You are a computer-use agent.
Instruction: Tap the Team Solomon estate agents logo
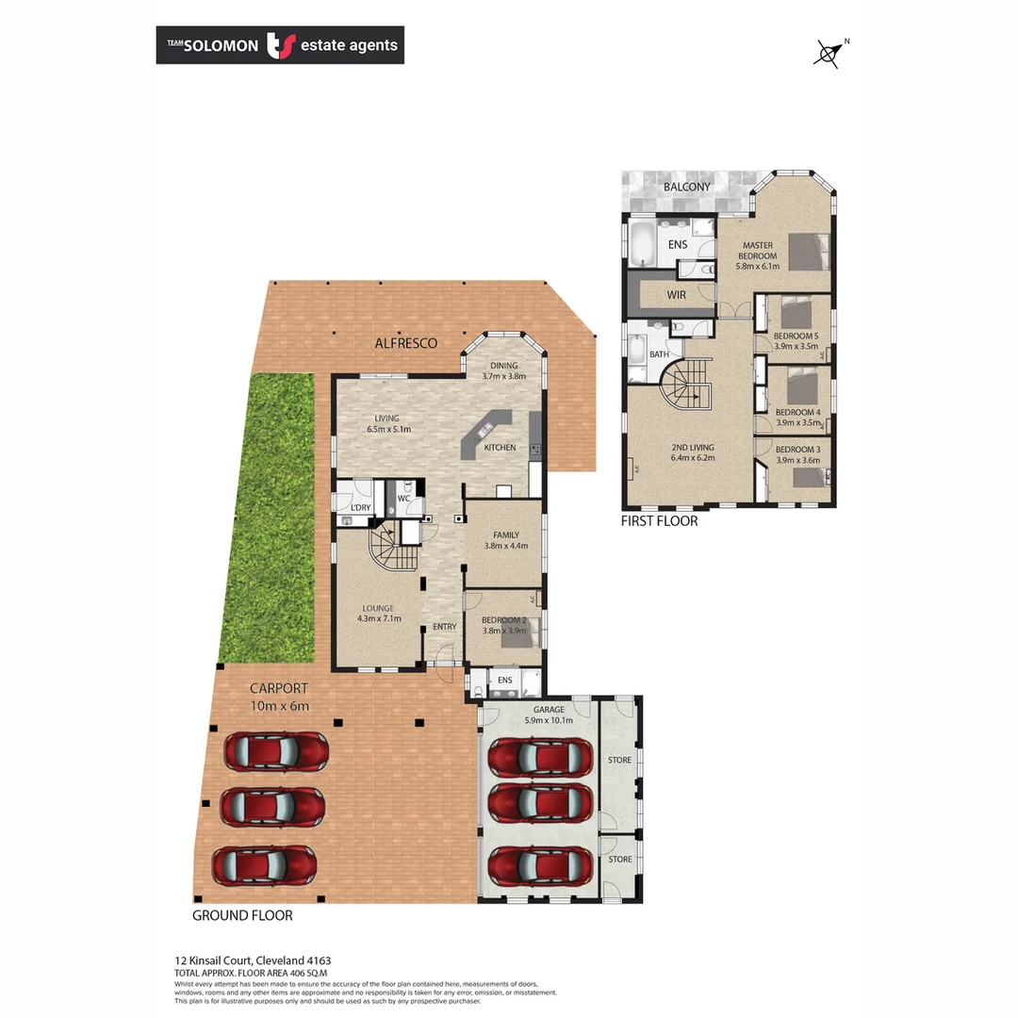[x=280, y=45]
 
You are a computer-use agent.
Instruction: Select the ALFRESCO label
[x=406, y=343]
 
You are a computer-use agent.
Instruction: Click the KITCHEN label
[x=500, y=447]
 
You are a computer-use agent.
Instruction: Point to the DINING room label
[x=504, y=366]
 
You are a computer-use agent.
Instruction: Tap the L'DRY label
[x=360, y=508]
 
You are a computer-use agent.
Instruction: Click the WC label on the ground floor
[x=403, y=498]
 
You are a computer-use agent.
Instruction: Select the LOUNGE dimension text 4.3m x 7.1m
[x=379, y=619]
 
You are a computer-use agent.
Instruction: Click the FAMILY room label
[x=504, y=534]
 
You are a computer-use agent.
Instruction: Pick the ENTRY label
[x=444, y=627]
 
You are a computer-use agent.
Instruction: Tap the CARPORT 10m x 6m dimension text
[x=279, y=706]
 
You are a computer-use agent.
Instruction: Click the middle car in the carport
[x=272, y=806]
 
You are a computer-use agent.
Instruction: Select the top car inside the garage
[x=540, y=756]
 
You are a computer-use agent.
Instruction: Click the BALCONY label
[x=686, y=187]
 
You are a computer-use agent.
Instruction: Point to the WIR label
[x=676, y=295]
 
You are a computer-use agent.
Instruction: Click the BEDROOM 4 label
[x=797, y=413]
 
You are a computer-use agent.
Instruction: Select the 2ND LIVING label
[x=693, y=447]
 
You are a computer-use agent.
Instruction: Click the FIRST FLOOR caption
[x=659, y=520]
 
